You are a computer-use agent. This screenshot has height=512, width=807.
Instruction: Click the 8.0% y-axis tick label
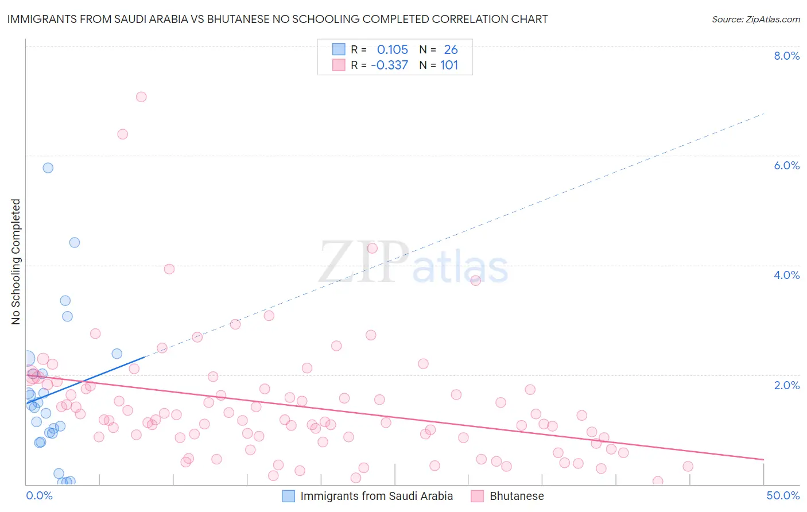pyautogui.click(x=786, y=56)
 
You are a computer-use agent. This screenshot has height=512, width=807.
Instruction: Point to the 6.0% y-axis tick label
pyautogui.click(x=786, y=165)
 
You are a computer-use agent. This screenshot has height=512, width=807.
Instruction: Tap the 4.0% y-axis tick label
pyautogui.click(x=786, y=275)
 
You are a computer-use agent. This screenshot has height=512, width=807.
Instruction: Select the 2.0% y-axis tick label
pyautogui.click(x=786, y=385)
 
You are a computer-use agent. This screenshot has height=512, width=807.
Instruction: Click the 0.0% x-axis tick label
pyautogui.click(x=39, y=495)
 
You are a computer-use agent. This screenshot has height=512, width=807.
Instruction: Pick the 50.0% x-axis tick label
pyautogui.click(x=783, y=495)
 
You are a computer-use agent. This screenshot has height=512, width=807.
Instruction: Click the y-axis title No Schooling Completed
pyautogui.click(x=15, y=262)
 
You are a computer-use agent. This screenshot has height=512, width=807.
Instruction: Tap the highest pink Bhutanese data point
pyautogui.click(x=141, y=97)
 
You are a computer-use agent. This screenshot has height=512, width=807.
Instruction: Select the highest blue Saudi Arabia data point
pyautogui.click(x=48, y=168)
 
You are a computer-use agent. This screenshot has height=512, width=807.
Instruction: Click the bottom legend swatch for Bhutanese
pyautogui.click(x=477, y=496)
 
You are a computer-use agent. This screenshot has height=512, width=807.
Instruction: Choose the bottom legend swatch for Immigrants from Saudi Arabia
pyautogui.click(x=288, y=496)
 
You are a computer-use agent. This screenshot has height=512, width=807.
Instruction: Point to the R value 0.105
pyautogui.click(x=392, y=50)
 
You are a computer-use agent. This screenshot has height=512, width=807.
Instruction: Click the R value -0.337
pyautogui.click(x=389, y=65)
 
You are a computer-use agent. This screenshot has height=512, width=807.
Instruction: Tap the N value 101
pyautogui.click(x=449, y=65)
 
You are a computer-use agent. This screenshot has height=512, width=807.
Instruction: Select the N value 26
pyautogui.click(x=451, y=50)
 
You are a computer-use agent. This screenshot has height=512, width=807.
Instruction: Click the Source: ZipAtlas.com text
pyautogui.click(x=755, y=20)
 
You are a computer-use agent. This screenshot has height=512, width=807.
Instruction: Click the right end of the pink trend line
pyautogui.click(x=763, y=459)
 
